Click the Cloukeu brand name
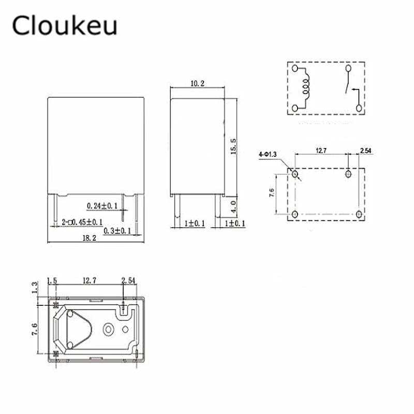click(65, 25)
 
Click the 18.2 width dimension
click(89, 238)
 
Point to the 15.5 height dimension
click(233, 147)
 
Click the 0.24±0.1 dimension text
click(102, 205)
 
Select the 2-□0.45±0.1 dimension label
click(82, 222)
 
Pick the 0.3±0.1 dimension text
click(117, 230)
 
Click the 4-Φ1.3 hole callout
click(268, 154)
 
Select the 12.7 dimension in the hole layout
click(321, 151)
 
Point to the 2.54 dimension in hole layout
click(365, 151)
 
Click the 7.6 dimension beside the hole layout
click(271, 194)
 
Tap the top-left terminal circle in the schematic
click(295, 68)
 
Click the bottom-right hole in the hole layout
click(359, 214)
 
